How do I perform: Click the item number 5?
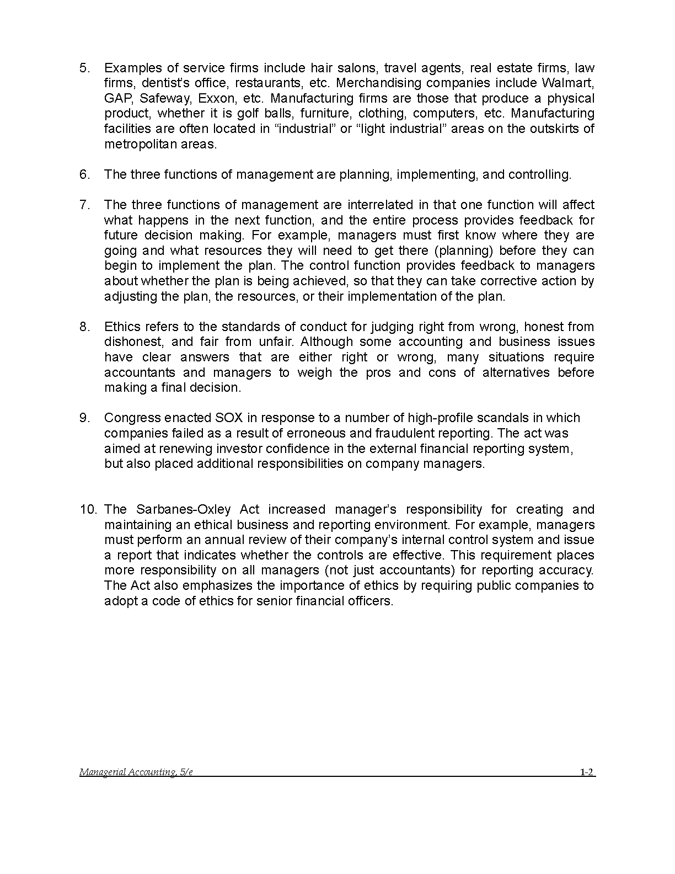click(x=84, y=68)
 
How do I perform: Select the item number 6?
click(x=84, y=174)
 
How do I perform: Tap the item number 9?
click(x=84, y=418)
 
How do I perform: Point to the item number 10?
click(x=88, y=509)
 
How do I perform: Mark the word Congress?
click(x=128, y=418)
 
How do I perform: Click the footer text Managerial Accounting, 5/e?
click(x=136, y=772)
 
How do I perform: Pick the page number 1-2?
click(x=586, y=772)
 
